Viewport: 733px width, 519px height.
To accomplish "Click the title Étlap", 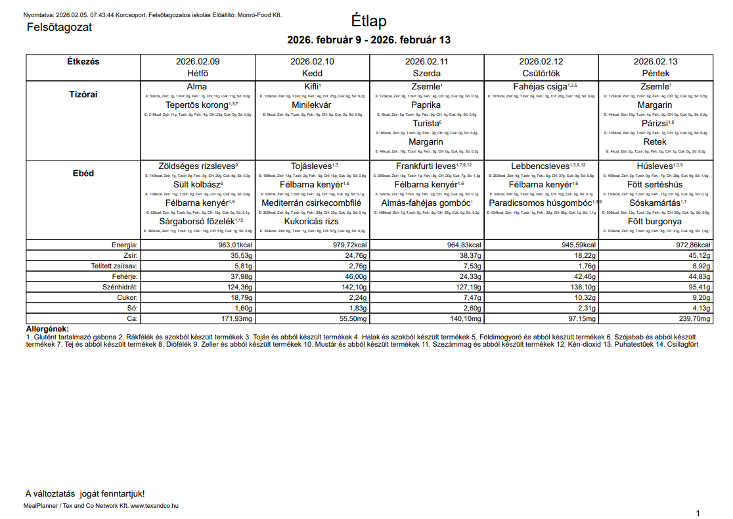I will tap(368, 21).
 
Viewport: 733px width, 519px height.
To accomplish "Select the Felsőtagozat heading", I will tap(59, 28).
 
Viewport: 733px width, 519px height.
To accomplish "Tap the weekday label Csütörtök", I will tap(541, 73).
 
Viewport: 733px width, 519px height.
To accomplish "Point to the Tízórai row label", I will tap(83, 94).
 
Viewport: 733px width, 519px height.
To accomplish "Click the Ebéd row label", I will tap(83, 174).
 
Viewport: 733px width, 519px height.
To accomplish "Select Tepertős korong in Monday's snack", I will tap(197, 105).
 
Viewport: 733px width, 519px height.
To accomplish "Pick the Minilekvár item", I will tap(311, 105).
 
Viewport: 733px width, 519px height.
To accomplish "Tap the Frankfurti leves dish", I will tap(426, 166).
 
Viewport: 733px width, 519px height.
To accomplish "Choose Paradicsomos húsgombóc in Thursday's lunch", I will tap(541, 203).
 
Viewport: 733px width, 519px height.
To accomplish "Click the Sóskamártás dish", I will tap(655, 203).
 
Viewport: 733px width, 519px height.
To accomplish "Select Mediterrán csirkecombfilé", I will tap(311, 203).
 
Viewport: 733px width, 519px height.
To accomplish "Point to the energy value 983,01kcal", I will tap(234, 245).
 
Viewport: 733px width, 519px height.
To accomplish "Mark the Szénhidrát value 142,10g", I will tap(349, 287).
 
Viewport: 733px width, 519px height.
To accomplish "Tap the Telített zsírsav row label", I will tap(114, 266).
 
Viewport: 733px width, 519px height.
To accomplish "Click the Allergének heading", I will tap(47, 329).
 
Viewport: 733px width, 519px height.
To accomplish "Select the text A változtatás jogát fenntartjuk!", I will tap(85, 493).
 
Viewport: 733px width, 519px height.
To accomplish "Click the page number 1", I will tap(698, 513).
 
